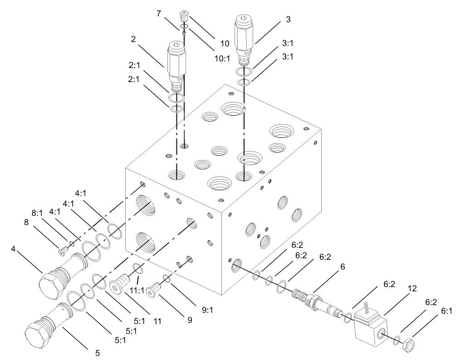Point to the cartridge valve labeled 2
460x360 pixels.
pos(176,61)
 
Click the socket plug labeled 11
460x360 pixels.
pos(120,285)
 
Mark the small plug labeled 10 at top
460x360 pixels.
pos(184,16)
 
